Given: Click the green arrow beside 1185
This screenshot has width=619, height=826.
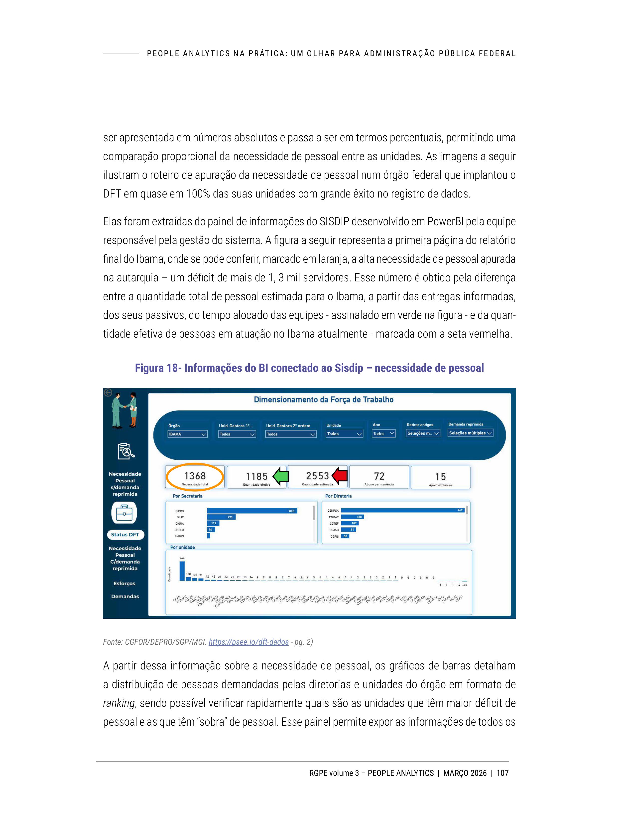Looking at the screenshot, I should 281,476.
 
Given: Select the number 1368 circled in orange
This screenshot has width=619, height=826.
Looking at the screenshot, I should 195,476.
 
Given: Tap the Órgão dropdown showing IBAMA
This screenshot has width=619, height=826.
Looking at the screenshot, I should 187,434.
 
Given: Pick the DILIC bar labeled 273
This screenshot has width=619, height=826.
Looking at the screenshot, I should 221,517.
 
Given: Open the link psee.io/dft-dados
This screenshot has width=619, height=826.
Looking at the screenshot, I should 248,642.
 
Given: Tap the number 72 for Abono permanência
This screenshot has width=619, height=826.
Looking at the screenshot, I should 379,476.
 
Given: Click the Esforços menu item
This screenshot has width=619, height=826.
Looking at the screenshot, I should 124,583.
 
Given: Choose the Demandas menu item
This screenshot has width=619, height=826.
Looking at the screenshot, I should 124,596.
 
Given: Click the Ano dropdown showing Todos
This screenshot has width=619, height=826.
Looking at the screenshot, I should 383,433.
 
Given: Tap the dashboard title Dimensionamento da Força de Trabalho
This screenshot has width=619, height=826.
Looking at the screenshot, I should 324,400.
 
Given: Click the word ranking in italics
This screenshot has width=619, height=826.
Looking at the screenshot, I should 118,703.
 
